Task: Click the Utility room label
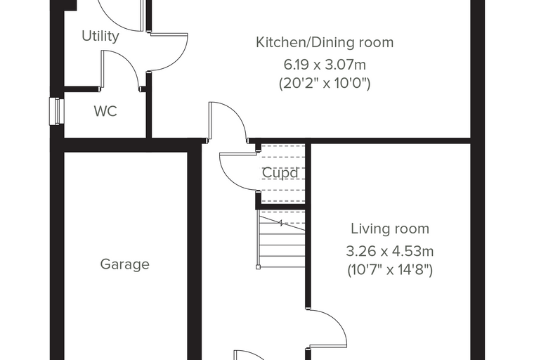pyautogui.click(x=100, y=36)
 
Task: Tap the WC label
pyautogui.click(x=105, y=112)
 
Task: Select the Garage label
pyautogui.click(x=124, y=264)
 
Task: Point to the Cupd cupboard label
pyautogui.click(x=280, y=173)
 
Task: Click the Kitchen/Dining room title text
pyautogui.click(x=325, y=42)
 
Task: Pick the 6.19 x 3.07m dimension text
pyautogui.click(x=325, y=65)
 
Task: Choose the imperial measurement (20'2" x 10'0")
pyautogui.click(x=325, y=83)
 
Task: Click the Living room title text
pyautogui.click(x=390, y=229)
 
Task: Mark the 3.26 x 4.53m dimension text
pyautogui.click(x=390, y=252)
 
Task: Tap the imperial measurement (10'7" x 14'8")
pyautogui.click(x=390, y=270)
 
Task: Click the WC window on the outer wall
pyautogui.click(x=56, y=112)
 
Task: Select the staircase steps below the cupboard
pyautogui.click(x=282, y=238)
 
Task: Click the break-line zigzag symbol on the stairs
pyautogui.click(x=282, y=224)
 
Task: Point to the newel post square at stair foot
pyautogui.click(x=258, y=267)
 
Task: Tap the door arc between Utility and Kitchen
pyautogui.click(x=178, y=58)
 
